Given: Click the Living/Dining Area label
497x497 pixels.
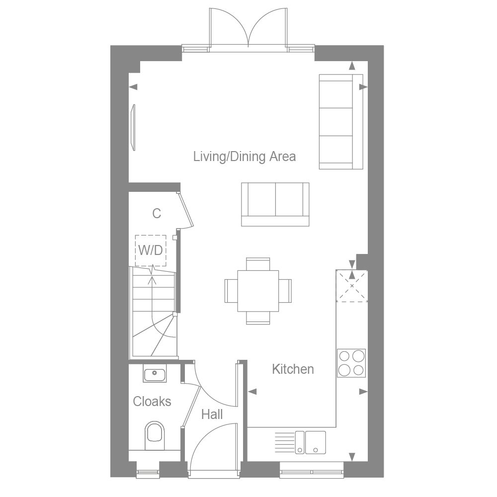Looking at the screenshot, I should [245, 157].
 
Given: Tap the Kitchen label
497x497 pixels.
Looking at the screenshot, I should [293, 369].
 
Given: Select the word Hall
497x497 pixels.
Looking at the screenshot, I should [212, 414].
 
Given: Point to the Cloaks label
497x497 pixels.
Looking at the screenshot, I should [152, 402].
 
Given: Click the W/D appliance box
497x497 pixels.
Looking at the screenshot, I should [151, 250].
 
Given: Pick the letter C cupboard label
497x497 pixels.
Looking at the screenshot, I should [157, 214].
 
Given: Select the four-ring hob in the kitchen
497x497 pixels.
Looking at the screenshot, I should [351, 363].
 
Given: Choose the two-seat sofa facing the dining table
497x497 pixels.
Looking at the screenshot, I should [275, 204].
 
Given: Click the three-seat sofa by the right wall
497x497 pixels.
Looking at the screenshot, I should [340, 121].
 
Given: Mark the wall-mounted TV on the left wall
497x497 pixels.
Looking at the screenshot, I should [133, 127].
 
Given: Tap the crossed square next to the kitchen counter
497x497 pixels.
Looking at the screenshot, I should [352, 286].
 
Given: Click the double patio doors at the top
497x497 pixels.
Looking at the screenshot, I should [248, 30].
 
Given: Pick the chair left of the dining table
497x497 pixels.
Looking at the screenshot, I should [231, 290].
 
